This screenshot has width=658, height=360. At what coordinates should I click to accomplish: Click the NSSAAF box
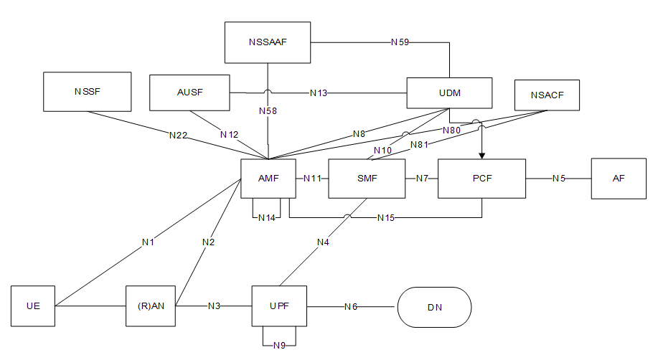click(x=268, y=42)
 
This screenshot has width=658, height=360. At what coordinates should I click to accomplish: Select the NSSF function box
click(x=88, y=92)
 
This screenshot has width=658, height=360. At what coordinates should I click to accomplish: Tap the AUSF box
click(x=189, y=93)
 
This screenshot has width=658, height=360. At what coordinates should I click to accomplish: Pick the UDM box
click(x=449, y=93)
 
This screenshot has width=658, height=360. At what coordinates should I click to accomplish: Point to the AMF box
click(x=268, y=178)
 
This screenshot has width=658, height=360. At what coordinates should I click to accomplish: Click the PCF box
click(x=481, y=178)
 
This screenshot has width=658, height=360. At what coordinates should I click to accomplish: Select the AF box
click(x=619, y=178)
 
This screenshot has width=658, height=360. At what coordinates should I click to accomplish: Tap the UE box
click(x=33, y=306)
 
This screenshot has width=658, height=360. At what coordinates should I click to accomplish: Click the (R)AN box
click(x=151, y=306)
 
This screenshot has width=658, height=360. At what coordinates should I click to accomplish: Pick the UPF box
click(x=279, y=306)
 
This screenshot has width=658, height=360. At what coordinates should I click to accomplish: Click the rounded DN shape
click(x=434, y=307)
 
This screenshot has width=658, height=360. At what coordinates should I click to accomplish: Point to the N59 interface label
click(x=400, y=42)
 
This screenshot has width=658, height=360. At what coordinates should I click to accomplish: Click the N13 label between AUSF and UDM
click(x=319, y=93)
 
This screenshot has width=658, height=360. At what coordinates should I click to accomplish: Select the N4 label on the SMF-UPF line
click(x=323, y=242)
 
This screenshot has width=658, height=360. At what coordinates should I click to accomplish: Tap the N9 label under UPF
click(x=279, y=346)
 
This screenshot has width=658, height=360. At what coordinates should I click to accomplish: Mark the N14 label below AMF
click(x=267, y=217)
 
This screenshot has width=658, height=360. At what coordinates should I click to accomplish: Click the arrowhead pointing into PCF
click(x=481, y=154)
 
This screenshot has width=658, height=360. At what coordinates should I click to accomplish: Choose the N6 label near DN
click(x=351, y=307)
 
